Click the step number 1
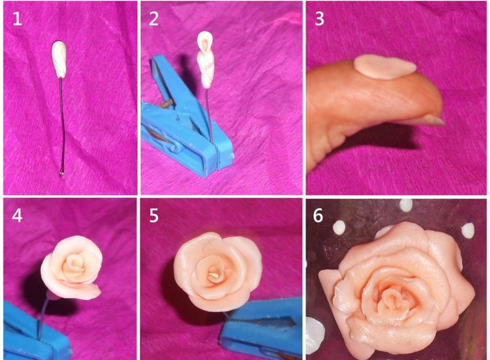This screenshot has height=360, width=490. [17, 19]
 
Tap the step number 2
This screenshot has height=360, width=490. [154, 19]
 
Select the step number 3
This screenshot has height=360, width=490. [319, 19]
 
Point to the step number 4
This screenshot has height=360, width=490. [17, 215]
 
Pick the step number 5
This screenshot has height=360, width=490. [154, 215]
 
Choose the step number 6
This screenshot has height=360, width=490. [318, 215]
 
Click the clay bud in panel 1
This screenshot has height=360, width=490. [59, 59]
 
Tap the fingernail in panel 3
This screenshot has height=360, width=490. [434, 120]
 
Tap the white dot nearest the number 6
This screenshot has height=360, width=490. [339, 228]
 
